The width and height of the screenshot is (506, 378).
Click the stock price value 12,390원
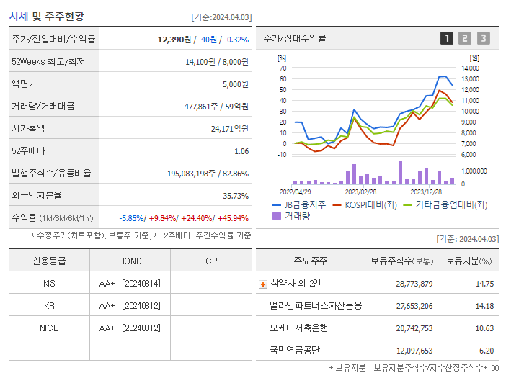[x=175, y=39]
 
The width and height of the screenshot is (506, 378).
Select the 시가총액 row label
[x=28, y=129]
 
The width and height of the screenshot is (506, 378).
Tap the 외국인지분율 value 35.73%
[x=236, y=196]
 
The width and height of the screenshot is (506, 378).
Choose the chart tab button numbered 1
[x=447, y=39]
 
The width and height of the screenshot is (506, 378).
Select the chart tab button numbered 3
[x=483, y=39]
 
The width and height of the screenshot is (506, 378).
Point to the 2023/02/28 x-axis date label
[x=360, y=192]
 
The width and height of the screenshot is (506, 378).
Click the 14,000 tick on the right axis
[x=470, y=68]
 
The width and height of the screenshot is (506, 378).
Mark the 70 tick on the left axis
[x=283, y=68]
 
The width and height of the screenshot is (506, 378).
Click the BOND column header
[x=130, y=261]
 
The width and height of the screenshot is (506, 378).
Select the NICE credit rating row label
[x=49, y=328]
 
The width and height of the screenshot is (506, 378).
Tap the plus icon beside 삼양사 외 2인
[x=262, y=284]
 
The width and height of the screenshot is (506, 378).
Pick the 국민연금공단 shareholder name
[x=295, y=350]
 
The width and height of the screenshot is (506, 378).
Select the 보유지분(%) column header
[x=468, y=261]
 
